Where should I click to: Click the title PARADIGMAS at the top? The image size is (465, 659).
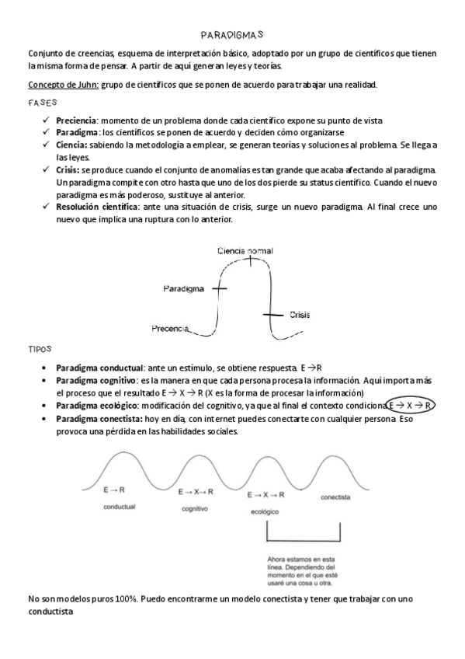pos(232,35)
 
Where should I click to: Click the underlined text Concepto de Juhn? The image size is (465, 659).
pos(63,85)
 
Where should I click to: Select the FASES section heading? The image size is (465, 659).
pos(42,103)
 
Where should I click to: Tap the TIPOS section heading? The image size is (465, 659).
pos(40,350)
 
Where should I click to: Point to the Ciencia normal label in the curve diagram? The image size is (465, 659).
pos(245,251)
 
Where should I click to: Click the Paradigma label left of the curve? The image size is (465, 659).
pos(184,288)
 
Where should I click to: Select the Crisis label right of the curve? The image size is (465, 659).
pos(300,315)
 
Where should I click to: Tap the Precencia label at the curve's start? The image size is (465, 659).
pos(170,329)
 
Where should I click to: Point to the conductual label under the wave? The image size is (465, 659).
pos(120,507)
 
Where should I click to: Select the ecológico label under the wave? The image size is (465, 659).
pos(264,513)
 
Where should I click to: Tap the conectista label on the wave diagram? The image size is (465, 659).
pos(335,495)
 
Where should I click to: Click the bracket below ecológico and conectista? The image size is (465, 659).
pos(304,539)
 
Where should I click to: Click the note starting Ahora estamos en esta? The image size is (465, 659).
pos(302,571)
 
